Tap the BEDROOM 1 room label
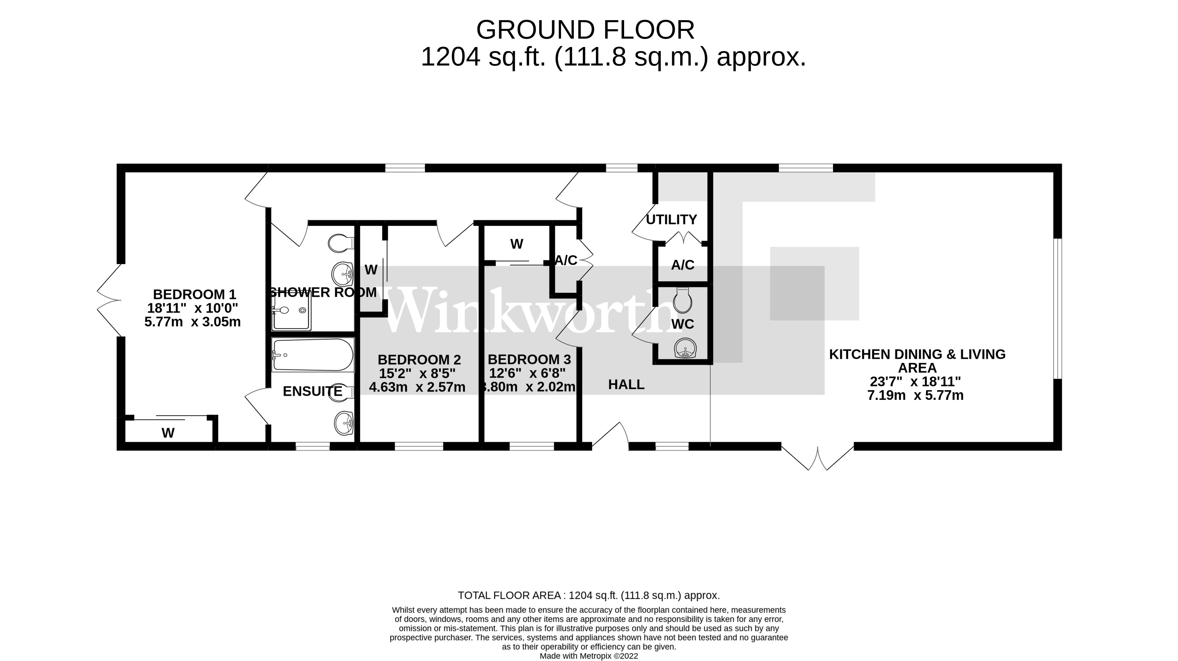point(194,294)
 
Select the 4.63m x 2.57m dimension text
point(417,387)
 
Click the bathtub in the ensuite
point(313,355)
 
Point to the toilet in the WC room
point(683,300)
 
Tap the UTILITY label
point(671,219)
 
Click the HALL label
point(626,385)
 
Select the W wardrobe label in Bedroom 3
point(516,244)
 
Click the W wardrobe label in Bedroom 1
point(168,433)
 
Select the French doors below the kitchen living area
point(818,457)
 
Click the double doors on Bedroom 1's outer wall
point(109,300)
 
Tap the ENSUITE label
point(312,391)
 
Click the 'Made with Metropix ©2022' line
point(588,656)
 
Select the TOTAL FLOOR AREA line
point(588,595)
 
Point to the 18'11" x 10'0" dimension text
point(192,308)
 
